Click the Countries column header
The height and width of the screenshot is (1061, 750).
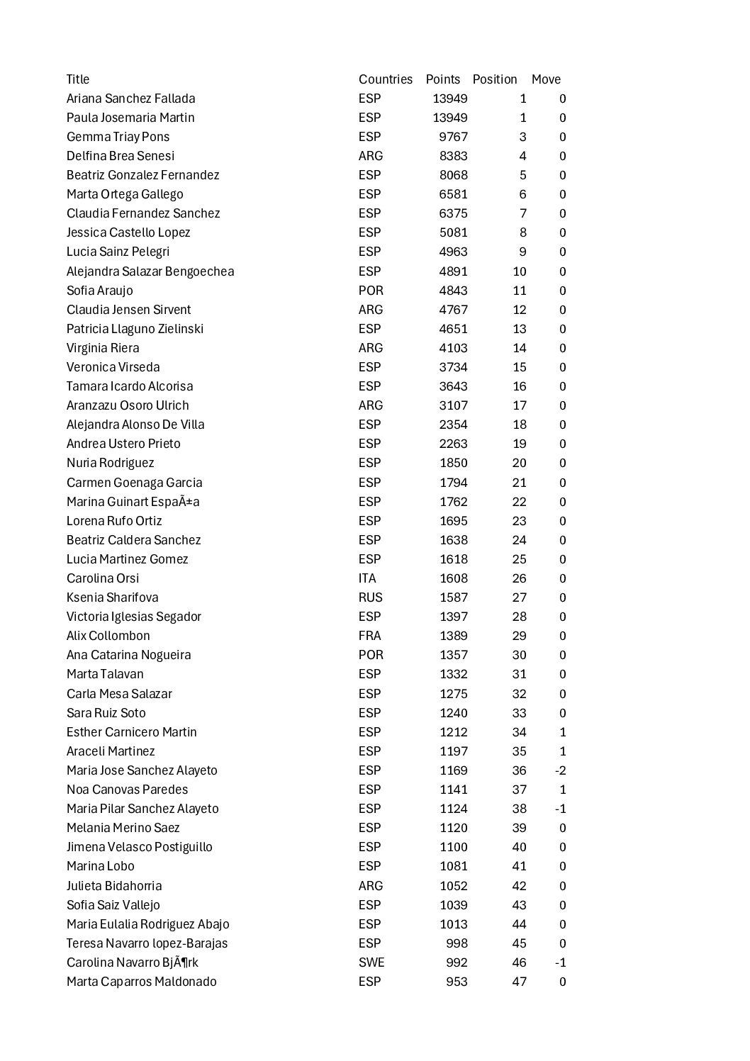[385, 79]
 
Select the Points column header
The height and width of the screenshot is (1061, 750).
[442, 79]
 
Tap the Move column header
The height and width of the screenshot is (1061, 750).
[546, 79]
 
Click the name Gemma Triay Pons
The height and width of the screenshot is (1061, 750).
[118, 137]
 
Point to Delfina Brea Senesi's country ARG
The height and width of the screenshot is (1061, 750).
[370, 156]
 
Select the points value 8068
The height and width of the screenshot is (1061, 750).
[453, 175]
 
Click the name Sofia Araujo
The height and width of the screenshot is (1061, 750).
[99, 291]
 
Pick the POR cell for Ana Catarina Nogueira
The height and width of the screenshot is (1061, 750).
[371, 655]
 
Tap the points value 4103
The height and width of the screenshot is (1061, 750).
[453, 348]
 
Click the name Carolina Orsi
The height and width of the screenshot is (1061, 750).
[103, 578]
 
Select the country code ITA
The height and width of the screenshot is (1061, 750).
[367, 578]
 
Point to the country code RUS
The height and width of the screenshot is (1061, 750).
[370, 597]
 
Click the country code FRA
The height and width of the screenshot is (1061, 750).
[369, 636]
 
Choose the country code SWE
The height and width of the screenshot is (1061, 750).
[371, 962]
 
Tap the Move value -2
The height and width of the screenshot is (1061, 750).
[560, 770]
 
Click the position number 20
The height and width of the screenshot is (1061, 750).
[519, 463]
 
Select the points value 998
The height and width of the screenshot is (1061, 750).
[457, 943]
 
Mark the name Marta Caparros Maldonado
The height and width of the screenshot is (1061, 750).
[141, 982]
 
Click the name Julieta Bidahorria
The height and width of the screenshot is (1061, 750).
[114, 886]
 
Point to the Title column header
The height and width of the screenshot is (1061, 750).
[78, 79]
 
